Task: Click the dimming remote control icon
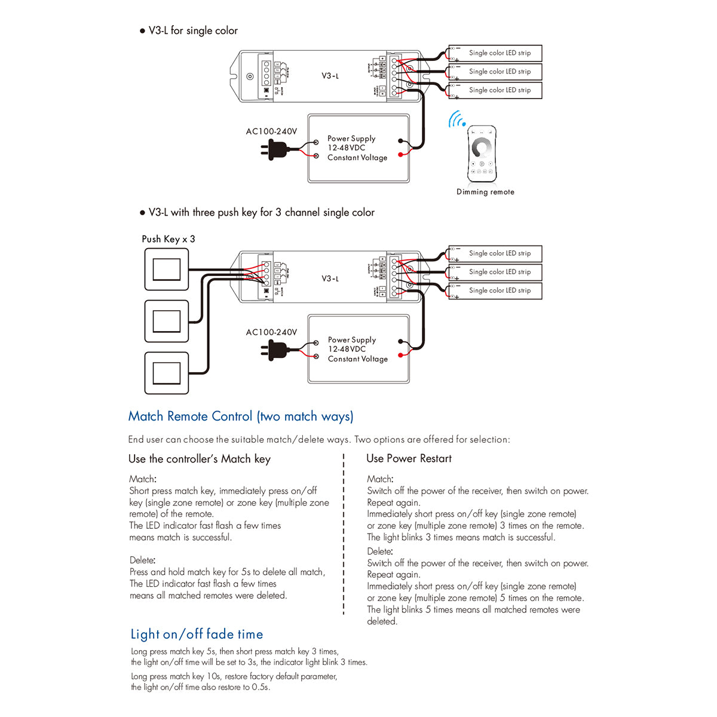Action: tap(482, 154)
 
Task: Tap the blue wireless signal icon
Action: tap(457, 119)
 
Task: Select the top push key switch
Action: tap(167, 270)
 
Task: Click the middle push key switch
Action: tap(167, 321)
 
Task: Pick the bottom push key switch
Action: tap(167, 373)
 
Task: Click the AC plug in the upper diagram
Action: tap(275, 149)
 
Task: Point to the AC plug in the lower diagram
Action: tap(275, 350)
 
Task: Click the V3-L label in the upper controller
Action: tap(330, 76)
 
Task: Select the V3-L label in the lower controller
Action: tap(330, 278)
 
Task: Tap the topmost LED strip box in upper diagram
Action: tap(495, 53)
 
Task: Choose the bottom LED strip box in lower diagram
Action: tap(495, 290)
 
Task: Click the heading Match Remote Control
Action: tap(241, 416)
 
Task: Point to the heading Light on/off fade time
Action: tap(197, 634)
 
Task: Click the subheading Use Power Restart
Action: tap(409, 458)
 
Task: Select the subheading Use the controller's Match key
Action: tap(200, 459)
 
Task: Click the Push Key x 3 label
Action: tap(168, 239)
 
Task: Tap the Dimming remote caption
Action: tap(485, 192)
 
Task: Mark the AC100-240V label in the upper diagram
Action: tap(271, 131)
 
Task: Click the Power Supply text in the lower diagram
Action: tap(352, 339)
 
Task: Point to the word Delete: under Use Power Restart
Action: tap(379, 551)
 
